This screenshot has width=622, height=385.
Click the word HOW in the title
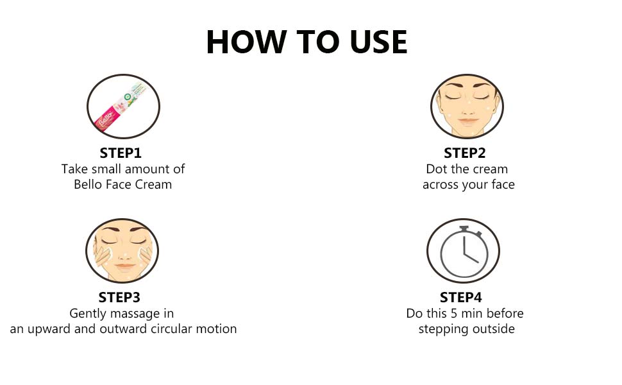tap(246, 42)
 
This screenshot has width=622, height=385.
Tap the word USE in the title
tap(378, 42)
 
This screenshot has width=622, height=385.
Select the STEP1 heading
tap(121, 153)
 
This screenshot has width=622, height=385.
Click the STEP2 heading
tap(464, 153)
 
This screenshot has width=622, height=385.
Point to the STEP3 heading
tap(119, 297)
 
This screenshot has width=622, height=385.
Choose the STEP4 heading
tap(461, 297)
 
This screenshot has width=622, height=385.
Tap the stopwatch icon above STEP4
tap(464, 252)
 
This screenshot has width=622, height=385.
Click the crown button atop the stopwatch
tap(464, 229)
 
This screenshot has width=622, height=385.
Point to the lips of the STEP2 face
tap(467, 120)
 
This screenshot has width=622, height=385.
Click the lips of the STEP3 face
tap(125, 266)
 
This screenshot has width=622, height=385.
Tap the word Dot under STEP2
tap(436, 169)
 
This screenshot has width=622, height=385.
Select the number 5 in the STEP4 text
tap(454, 314)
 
